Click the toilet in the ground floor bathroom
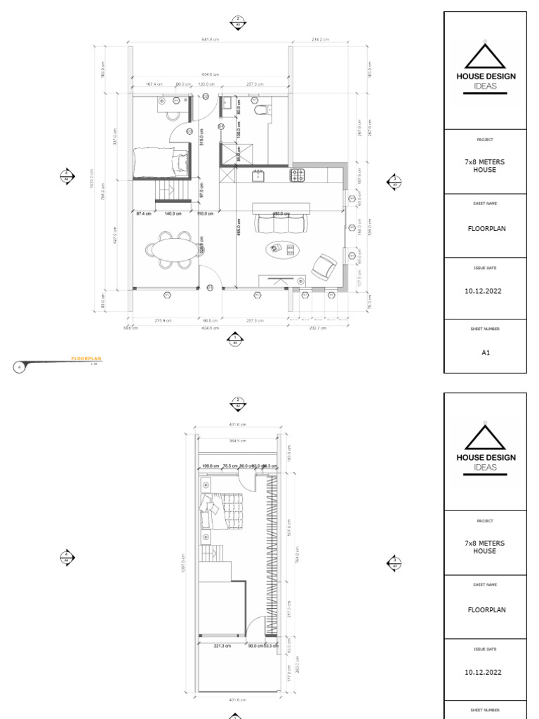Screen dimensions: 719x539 tap(260, 110)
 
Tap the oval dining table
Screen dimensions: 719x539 tap(167, 250)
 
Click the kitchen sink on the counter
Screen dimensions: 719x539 tap(258, 176)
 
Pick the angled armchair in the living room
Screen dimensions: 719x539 tap(324, 265)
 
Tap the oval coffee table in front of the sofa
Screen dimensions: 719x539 tap(281, 249)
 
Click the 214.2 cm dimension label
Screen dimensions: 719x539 tap(320, 39)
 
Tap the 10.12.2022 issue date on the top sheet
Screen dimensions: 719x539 tap(484, 290)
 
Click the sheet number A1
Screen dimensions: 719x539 tap(484, 353)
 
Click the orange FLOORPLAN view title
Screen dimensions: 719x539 tap(86, 359)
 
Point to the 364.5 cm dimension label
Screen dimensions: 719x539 tap(239, 441)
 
